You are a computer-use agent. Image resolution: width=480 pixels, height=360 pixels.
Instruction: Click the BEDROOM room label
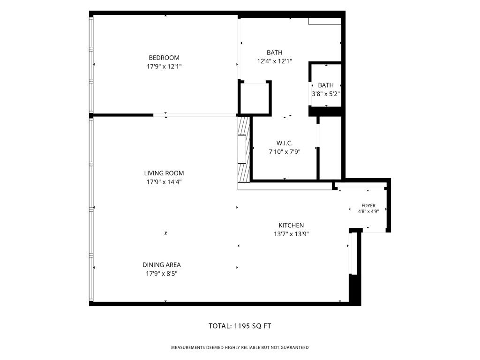coord(164,58)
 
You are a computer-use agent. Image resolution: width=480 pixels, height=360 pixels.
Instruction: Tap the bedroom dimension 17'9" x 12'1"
coord(164,67)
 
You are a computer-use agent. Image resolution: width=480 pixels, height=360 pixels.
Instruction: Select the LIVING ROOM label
coord(164,173)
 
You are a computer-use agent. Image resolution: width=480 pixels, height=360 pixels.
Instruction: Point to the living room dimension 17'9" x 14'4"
coord(164,182)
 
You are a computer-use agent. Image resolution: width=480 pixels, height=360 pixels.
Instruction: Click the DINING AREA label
coord(162,265)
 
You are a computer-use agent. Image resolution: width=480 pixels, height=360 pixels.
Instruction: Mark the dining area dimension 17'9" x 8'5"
coord(162,274)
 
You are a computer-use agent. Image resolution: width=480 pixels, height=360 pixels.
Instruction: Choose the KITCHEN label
coord(291,225)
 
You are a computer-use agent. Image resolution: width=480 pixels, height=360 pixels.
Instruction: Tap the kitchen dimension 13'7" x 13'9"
coord(291,234)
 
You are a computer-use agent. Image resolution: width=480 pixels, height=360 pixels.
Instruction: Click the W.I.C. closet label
coord(285,143)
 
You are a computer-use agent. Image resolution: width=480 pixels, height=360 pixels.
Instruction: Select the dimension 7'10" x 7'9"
coord(285,151)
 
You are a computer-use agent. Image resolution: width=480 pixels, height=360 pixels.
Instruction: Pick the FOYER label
coord(368,206)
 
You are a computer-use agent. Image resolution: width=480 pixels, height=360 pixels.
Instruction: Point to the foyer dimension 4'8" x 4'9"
coord(368,211)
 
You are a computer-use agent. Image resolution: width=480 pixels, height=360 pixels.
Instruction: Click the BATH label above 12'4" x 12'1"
coord(274,52)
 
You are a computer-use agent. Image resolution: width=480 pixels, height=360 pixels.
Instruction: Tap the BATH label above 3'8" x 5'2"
coord(326,85)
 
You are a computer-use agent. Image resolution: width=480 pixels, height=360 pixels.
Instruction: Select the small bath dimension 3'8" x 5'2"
coord(326,94)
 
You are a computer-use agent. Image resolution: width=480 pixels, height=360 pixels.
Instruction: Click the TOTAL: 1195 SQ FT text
coord(240,326)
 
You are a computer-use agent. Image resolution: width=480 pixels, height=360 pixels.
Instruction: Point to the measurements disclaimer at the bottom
coord(240,347)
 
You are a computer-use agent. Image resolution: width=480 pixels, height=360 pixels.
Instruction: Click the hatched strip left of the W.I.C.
coord(244,150)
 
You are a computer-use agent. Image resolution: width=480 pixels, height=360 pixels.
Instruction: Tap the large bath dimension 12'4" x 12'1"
coord(274,61)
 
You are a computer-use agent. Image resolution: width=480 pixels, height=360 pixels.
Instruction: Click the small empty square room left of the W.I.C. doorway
coord(255,98)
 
